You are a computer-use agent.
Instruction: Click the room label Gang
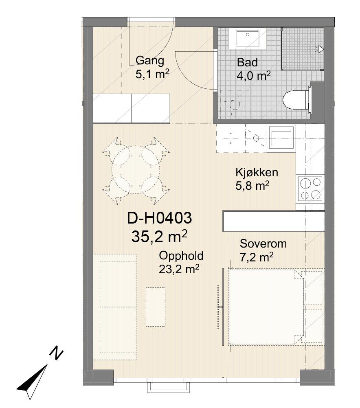point(150,61)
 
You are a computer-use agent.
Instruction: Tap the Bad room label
point(247,62)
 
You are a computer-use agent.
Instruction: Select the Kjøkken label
point(257,172)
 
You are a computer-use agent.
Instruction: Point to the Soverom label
point(263,244)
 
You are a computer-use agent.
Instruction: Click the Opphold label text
point(181,256)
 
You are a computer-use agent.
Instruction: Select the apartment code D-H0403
point(159,218)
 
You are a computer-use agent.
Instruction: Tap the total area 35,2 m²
point(159,236)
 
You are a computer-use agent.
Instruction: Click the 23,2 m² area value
point(179,269)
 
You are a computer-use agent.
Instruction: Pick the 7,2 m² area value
point(257,257)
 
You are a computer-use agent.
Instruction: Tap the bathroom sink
point(248,38)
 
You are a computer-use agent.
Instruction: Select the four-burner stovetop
point(310,189)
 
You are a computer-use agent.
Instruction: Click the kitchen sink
point(281,138)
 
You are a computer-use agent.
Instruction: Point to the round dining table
point(136,170)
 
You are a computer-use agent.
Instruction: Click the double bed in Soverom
point(266,307)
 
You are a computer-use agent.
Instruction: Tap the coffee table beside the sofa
point(156,307)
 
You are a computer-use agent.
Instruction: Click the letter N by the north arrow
point(57,353)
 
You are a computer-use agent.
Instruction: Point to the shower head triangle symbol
point(320,49)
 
